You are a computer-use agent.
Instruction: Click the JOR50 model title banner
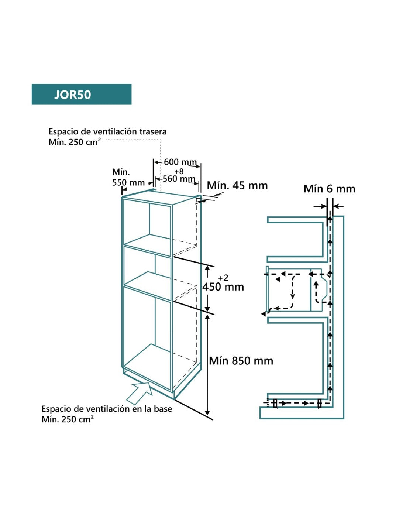pos(81,95)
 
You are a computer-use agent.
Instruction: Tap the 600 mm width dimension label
pos(180,162)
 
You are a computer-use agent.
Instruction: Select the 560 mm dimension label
pos(179,179)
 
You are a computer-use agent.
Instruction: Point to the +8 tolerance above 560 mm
pos(179,171)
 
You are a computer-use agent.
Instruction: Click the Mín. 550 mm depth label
pos(128,178)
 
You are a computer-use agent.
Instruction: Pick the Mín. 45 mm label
pos(237,186)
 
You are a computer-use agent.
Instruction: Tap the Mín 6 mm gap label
pos(329,189)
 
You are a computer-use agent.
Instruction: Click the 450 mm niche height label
pos(223,287)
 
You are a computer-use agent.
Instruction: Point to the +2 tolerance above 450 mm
pos(223,278)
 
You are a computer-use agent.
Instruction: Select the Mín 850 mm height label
pos(241,361)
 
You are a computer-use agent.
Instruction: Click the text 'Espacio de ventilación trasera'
pos(107,131)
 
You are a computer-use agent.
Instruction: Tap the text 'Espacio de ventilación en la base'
pos(107,409)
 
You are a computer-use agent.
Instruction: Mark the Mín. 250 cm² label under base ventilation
pos(68,419)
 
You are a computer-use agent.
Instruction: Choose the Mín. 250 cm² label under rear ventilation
pos(75,142)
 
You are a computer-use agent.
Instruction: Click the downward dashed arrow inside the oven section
pos(293,288)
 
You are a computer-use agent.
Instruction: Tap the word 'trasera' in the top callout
pos(153,131)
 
